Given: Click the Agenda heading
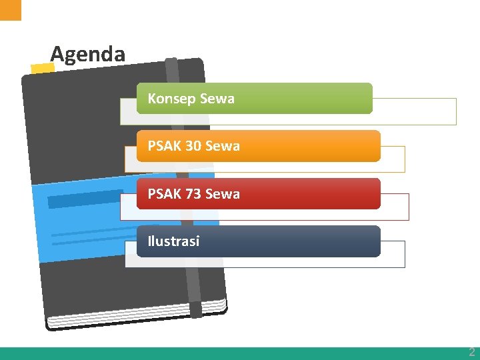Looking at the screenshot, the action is [x=87, y=54].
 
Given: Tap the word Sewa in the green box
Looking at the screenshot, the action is [x=217, y=99].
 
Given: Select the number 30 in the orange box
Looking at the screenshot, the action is [x=193, y=146].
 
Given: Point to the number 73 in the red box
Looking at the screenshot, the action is [x=193, y=194].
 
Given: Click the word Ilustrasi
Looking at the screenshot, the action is [x=173, y=241].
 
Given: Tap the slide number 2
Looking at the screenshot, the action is [x=471, y=352].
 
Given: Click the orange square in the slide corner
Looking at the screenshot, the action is [x=10, y=9].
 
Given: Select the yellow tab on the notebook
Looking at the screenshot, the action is [x=43, y=68].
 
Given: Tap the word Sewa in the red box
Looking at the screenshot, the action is [x=223, y=194].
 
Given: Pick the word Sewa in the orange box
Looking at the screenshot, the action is [x=223, y=146].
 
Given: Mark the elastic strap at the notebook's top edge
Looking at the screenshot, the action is [x=171, y=67].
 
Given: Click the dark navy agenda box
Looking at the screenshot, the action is [x=300, y=241].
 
